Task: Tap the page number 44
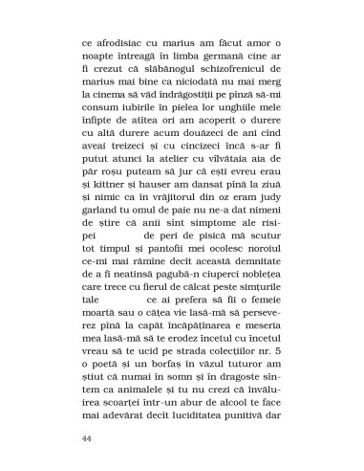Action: [x=89, y=440]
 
